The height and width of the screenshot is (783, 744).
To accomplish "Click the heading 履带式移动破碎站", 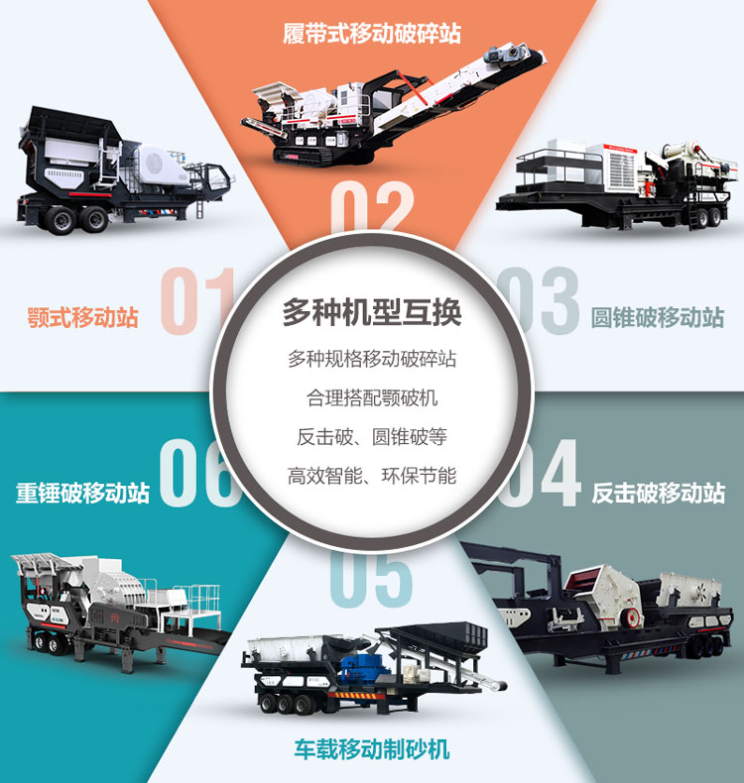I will point(371,33).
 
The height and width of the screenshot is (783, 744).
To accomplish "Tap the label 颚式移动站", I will point(83,318).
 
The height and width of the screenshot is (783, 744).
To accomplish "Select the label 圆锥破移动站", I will point(657,318).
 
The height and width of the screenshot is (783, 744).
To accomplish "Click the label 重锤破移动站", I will point(83,493).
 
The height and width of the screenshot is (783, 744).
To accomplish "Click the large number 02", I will point(371,208).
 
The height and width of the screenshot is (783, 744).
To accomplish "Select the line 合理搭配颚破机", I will point(372,398).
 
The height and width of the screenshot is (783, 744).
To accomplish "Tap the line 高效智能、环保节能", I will point(372,476).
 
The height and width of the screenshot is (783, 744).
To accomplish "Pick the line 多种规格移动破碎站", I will point(372,359).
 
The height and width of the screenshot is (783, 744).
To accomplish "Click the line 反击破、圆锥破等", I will point(372,437).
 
